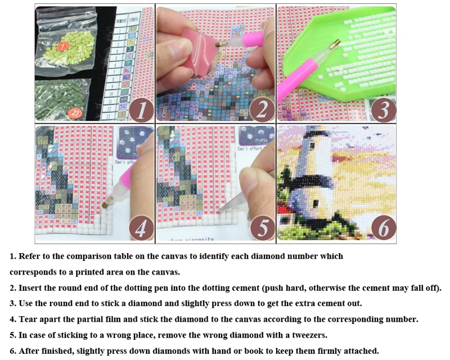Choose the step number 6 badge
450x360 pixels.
pyautogui.click(x=382, y=228)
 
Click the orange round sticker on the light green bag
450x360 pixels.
pyautogui.click(x=64, y=46)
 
